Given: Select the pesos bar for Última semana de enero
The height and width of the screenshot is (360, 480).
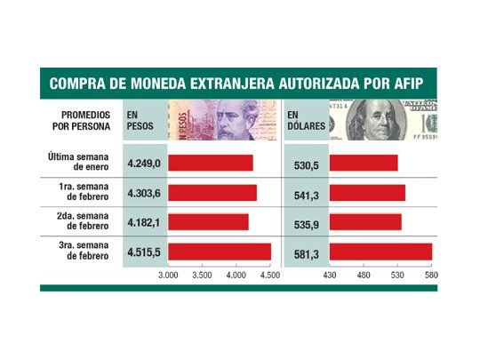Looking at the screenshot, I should [211, 163].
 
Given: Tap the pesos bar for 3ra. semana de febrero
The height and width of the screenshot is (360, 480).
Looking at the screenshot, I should [220, 252].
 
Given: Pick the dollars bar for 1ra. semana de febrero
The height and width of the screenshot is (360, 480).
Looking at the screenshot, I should [367, 193].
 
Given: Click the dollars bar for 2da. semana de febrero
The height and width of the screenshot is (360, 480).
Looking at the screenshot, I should [365, 222].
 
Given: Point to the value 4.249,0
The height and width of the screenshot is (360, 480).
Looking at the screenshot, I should [142, 164].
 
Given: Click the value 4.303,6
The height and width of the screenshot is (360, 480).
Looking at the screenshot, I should [142, 193].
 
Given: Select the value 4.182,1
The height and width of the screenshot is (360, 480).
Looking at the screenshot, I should [142, 223].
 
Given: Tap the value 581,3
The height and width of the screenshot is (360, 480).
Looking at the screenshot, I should [307, 253].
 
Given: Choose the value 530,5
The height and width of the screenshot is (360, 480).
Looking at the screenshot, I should [307, 164].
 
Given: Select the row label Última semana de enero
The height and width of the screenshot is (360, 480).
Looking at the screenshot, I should [79, 163].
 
